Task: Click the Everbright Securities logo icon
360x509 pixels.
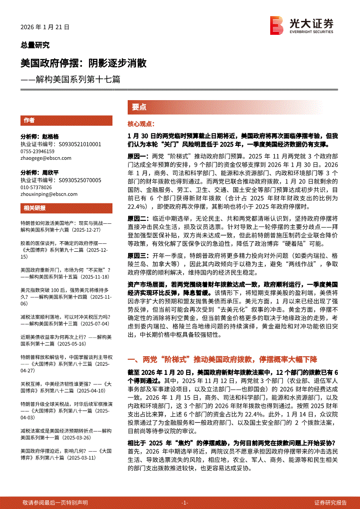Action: [276, 25]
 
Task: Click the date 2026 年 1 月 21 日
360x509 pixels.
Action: [45, 27]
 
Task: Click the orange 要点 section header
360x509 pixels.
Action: [139, 107]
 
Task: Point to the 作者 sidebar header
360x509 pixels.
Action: [30, 121]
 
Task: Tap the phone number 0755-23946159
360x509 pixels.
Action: [37, 152]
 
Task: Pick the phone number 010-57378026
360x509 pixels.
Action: [36, 187]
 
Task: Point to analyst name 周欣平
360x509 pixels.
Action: [50, 172]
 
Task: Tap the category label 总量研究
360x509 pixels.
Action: [35, 45]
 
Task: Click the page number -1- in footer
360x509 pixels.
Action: [184, 502]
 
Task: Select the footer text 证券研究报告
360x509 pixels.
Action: [330, 502]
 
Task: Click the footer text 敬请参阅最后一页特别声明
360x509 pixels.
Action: [55, 502]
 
